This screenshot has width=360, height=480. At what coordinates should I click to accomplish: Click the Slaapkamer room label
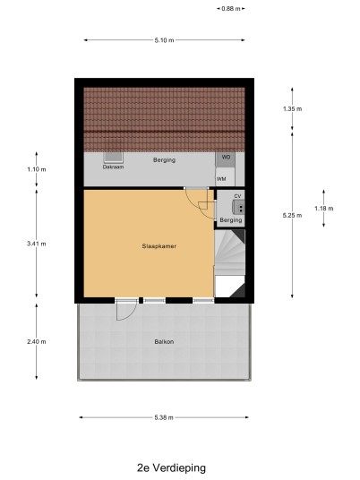coord(159,246)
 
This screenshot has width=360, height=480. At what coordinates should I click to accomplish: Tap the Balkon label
coord(164,341)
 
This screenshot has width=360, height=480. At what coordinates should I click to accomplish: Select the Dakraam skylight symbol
coord(113,158)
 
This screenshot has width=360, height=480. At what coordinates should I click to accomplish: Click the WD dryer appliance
coord(226,159)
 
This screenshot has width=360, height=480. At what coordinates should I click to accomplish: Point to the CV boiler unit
coord(238,207)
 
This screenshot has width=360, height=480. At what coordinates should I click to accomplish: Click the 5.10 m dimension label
coord(165,40)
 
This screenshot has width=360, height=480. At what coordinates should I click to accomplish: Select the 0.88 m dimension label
coord(231,9)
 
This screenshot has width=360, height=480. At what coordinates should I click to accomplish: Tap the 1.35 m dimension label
coord(292,109)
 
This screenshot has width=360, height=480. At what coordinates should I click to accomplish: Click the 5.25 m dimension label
coord(292,216)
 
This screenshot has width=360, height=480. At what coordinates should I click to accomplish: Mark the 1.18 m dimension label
coord(324,209)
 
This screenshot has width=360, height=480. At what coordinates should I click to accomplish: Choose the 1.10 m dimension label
coord(37,169)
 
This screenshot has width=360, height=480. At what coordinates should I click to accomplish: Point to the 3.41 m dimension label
coord(37,244)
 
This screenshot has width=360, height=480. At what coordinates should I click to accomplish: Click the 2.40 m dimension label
coord(37,341)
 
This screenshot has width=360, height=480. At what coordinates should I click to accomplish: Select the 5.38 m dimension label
coord(164,417)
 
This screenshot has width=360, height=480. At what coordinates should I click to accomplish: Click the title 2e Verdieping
coord(171,467)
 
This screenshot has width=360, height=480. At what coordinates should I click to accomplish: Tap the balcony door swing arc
coord(133,314)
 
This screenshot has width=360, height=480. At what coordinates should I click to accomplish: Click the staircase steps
coord(230,253)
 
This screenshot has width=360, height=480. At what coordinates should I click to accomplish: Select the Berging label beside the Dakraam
coord(165,159)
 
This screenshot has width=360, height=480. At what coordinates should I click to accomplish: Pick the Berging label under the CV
coord(231,220)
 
